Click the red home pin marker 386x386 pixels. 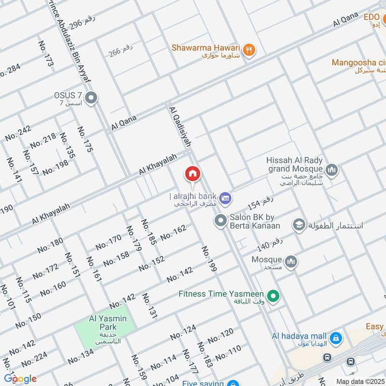tap(193, 174)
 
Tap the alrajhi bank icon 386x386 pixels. tap(224, 197)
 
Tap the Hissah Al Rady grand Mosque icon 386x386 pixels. tap(331, 170)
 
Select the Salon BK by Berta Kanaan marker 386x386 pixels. tap(221, 221)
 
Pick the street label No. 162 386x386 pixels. tap(173, 233)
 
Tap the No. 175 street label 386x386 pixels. tap(84, 139)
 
